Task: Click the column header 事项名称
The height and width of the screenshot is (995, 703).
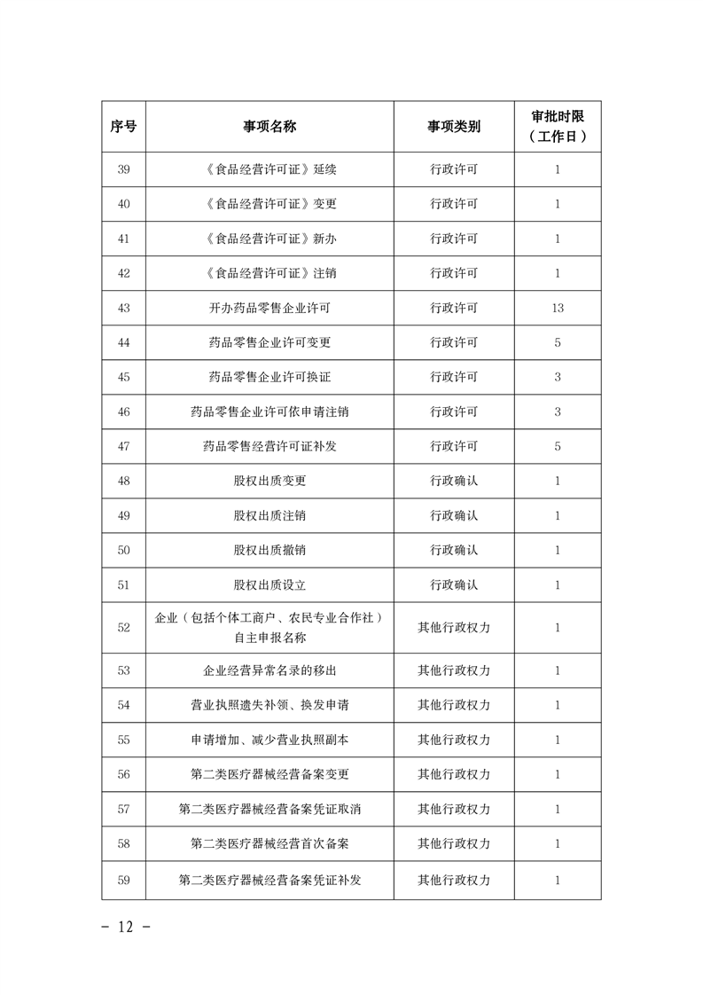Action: click(269, 127)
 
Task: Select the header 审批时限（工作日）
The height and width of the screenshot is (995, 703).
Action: click(557, 127)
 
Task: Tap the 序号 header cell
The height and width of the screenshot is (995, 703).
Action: click(123, 127)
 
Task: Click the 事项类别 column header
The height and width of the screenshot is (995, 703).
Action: click(454, 127)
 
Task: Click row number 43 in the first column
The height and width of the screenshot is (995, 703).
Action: click(123, 308)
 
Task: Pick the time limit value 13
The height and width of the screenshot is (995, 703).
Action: click(557, 308)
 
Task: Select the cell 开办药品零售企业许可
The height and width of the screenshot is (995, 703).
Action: click(269, 308)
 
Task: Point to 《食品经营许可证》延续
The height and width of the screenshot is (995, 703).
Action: click(269, 169)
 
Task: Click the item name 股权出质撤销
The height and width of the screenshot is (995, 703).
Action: click(269, 550)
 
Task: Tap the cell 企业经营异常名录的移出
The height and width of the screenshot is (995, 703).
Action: click(269, 670)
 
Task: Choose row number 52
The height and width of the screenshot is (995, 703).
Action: click(123, 627)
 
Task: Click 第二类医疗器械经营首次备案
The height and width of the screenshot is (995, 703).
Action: click(269, 843)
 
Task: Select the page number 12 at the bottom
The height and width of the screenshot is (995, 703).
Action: click(123, 927)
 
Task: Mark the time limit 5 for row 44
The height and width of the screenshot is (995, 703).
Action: click(557, 342)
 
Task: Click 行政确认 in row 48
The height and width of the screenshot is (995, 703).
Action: click(454, 481)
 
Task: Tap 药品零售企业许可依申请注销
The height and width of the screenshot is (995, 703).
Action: click(269, 411)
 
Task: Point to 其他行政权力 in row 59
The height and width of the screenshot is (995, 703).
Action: click(454, 880)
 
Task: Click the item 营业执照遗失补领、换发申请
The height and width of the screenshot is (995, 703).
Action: click(269, 705)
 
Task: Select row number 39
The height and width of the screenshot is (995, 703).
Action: click(123, 169)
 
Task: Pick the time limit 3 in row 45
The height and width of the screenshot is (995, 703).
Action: click(557, 377)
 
